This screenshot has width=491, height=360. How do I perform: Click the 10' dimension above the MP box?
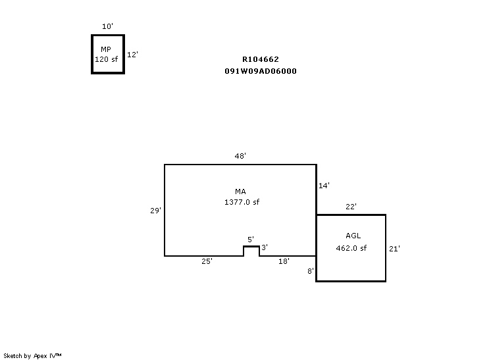[x=107, y=26]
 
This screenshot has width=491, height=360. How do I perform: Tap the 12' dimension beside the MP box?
[x=132, y=55]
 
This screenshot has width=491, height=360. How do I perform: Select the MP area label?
[x=106, y=49]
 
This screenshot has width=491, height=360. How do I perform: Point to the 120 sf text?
[x=106, y=59]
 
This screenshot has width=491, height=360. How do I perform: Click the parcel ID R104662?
[x=261, y=59]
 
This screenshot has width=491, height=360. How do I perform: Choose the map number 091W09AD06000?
[x=261, y=71]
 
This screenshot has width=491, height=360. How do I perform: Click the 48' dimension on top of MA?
[x=240, y=156]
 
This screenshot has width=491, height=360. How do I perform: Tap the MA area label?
[x=240, y=192]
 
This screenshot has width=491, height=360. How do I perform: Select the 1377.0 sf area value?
[x=242, y=202]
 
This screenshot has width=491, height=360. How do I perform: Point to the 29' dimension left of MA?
[x=155, y=211]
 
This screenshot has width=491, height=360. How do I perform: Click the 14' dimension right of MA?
[x=324, y=186]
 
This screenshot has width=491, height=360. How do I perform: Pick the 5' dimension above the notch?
[x=250, y=239]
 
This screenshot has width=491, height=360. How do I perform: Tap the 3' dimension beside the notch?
[x=265, y=247]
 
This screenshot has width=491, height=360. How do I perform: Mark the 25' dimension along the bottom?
[x=207, y=261]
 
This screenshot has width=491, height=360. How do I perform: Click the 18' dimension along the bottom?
[x=284, y=261]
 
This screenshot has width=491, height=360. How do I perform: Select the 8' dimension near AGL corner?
[x=311, y=270]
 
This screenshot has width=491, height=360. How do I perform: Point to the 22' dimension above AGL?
[x=351, y=207]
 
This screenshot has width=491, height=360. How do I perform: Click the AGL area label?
[x=353, y=236]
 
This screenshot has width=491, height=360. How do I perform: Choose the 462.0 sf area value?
[x=351, y=248]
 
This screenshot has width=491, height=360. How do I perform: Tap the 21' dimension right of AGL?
[x=394, y=248]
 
